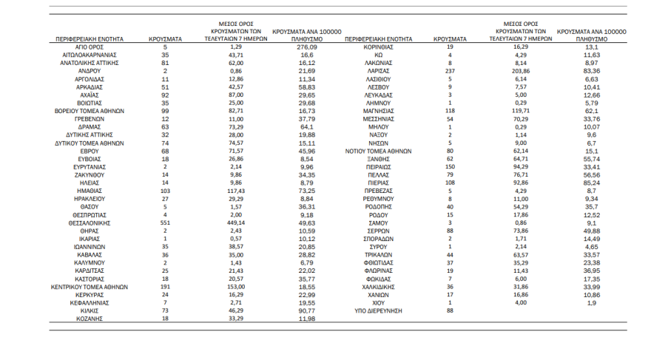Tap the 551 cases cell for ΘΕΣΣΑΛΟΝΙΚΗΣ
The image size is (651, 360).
click(165, 222)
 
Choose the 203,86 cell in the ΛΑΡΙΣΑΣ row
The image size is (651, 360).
click(522, 71)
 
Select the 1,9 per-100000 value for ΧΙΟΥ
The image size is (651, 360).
click(591, 303)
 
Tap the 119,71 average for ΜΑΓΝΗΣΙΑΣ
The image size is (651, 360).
click(522, 110)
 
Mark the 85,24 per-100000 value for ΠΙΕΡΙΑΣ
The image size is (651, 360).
click(591, 182)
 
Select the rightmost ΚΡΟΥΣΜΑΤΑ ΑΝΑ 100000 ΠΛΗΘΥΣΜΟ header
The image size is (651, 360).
click(591, 33)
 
